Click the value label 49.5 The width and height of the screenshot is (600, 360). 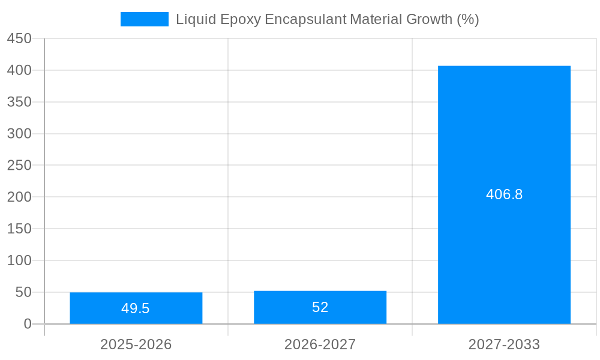pos(136,308)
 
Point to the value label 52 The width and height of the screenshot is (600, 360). pos(320,307)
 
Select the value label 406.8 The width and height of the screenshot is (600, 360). pos(504,194)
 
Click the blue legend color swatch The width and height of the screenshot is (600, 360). pos(144,19)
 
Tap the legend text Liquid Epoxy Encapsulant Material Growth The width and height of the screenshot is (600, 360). pos(327,19)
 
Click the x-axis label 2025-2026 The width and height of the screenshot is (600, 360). pos(136,344)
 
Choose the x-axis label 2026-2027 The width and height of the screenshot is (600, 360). pos(320,344)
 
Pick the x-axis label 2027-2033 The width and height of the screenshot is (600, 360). pos(504,344)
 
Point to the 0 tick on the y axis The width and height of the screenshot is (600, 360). pos(28,324)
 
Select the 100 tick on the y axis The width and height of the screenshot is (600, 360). pos(19,260)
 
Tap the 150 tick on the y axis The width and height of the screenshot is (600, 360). pos(19,229)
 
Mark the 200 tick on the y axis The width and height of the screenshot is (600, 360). pos(19,197)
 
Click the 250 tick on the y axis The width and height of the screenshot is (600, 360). pos(19,165)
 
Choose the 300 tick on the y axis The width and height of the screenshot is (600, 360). pos(19,134)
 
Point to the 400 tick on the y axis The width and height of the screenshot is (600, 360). pos(19,70)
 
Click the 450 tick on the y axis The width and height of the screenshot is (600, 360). pos(19,38)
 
